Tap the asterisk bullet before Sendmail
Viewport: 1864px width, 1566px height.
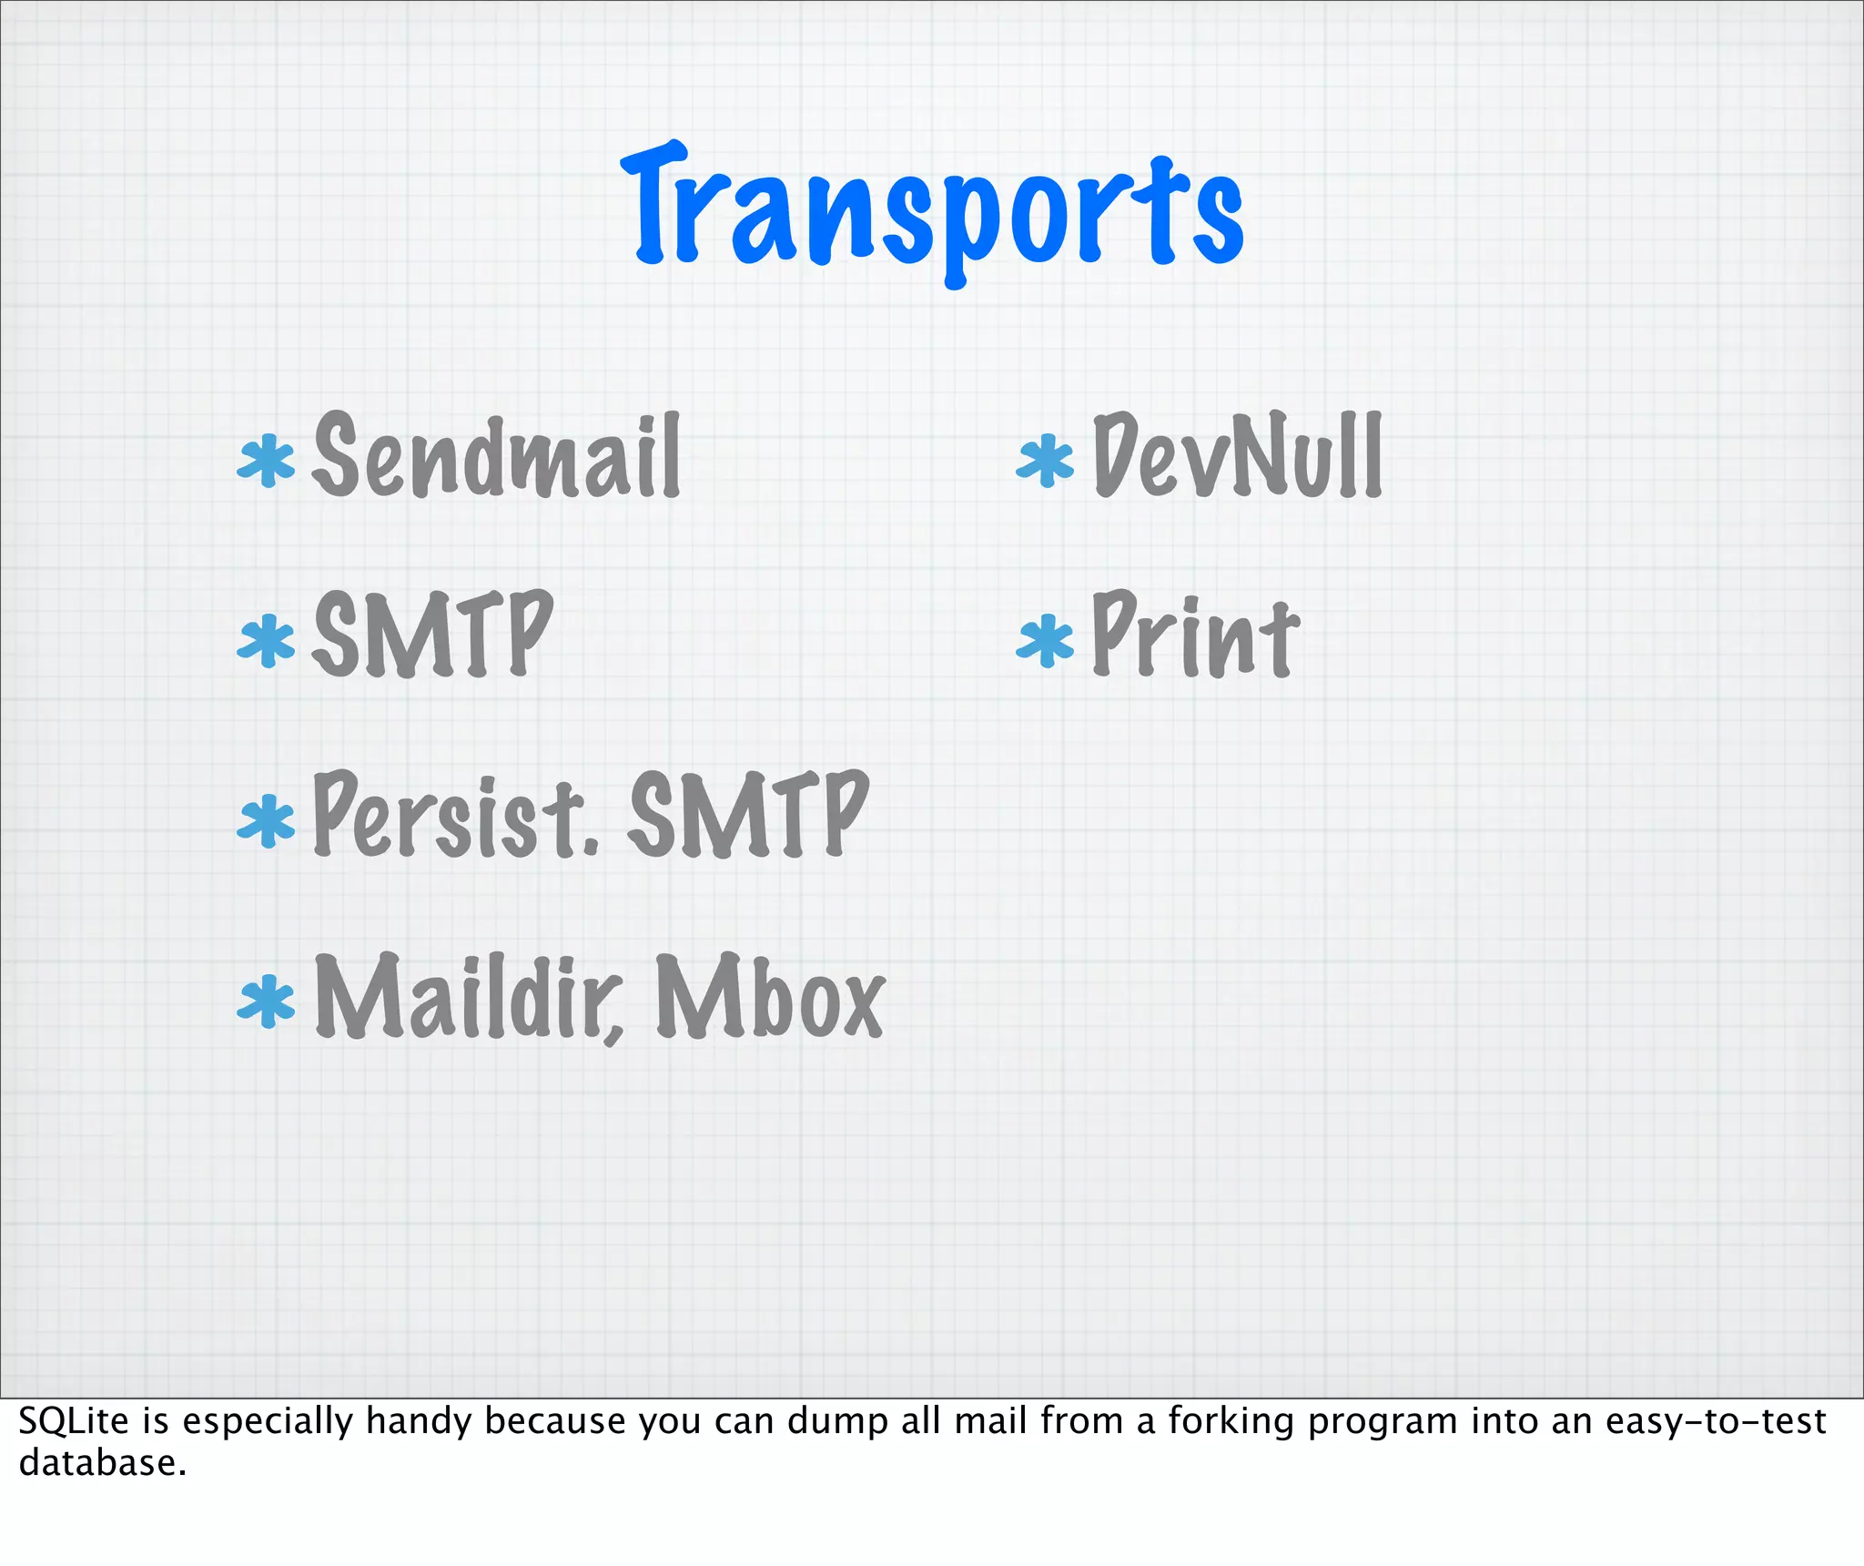(266, 460)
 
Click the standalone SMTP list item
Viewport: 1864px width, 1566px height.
(432, 635)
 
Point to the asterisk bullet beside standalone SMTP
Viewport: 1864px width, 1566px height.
(266, 640)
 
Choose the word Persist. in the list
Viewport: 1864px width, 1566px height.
(455, 815)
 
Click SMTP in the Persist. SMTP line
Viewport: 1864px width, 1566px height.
(748, 815)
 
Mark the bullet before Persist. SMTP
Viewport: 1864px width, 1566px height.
(266, 820)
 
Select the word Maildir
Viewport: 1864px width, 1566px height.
(469, 997)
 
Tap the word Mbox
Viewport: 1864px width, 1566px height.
(770, 997)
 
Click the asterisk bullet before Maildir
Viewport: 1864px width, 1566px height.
(266, 1001)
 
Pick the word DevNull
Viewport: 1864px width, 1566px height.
(1238, 455)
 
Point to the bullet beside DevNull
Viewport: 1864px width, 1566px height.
(1045, 460)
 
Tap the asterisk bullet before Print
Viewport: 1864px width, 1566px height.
(1045, 640)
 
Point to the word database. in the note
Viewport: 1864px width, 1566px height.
(102, 1463)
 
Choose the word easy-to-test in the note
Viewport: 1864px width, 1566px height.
(1715, 1421)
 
